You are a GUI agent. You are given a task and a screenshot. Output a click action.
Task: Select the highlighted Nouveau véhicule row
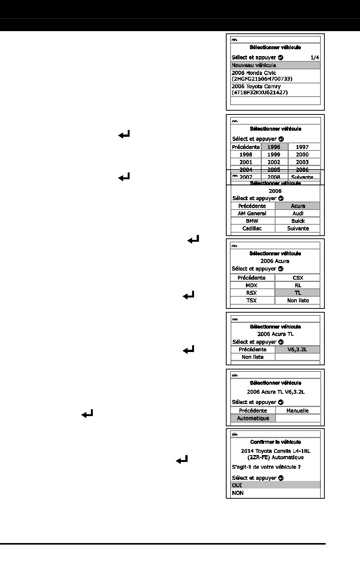[275, 65]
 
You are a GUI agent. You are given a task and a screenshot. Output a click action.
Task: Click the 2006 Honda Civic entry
[275, 76]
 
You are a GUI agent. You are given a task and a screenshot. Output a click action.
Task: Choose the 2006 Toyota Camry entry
[275, 89]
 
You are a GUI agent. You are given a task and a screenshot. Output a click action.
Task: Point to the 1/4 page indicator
[315, 58]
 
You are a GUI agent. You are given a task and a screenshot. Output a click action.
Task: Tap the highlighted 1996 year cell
[274, 147]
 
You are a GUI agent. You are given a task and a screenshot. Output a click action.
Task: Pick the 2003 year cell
[302, 162]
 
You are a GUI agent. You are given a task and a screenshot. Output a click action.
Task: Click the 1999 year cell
[274, 155]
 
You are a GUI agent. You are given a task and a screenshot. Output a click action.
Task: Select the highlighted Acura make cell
[298, 206]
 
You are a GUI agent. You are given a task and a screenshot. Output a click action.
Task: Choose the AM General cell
[252, 213]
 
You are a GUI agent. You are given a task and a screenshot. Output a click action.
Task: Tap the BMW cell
[252, 221]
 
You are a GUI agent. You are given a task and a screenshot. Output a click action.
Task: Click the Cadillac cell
[252, 229]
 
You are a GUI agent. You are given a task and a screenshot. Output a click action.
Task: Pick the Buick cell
[298, 221]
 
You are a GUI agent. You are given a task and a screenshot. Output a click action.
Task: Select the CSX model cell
[298, 278]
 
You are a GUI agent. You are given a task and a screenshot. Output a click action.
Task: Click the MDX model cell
[252, 285]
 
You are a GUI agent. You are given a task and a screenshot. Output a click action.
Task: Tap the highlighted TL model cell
[298, 293]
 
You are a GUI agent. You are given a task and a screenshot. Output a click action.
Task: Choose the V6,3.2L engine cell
[297, 349]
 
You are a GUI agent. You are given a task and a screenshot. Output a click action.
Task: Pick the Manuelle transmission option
[297, 411]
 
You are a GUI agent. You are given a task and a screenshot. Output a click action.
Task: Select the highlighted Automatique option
[253, 418]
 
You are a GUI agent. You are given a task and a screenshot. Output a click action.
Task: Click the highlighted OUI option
[275, 485]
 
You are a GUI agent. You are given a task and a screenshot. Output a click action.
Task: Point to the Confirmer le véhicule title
[275, 442]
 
